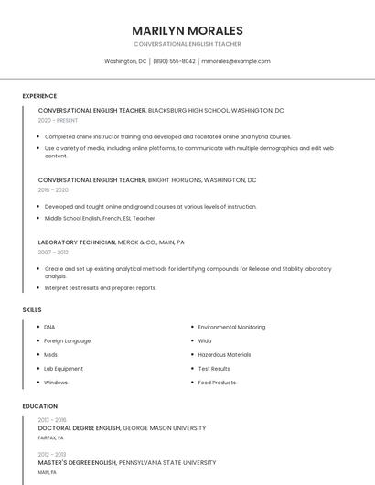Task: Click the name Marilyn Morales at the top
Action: (187, 30)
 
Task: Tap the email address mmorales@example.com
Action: (235, 61)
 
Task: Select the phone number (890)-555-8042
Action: (174, 61)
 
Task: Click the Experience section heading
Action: (39, 96)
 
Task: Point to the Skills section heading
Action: (32, 310)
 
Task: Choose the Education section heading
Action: (40, 406)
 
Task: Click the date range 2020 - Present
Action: (58, 120)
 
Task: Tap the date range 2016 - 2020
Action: (53, 190)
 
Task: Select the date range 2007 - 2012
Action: (53, 252)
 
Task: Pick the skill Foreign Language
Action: (68, 340)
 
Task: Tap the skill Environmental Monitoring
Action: (231, 327)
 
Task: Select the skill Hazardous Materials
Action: (224, 354)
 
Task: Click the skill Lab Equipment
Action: (63, 368)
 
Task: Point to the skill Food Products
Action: (217, 383)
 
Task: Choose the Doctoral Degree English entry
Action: (79, 428)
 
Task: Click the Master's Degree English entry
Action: (79, 463)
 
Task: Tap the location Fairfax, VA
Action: (50, 437)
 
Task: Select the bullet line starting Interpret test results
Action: (100, 287)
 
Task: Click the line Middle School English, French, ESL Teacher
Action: (100, 218)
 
